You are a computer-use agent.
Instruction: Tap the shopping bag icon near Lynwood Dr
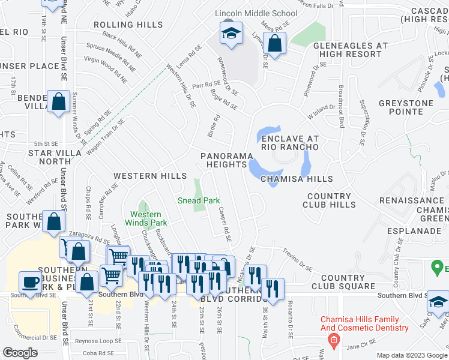click(274, 44)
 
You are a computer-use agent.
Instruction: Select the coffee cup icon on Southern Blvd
click(31, 281)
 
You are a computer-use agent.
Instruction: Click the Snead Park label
click(198, 200)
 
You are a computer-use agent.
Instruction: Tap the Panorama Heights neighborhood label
click(226, 160)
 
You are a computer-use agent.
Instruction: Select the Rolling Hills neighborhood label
click(128, 25)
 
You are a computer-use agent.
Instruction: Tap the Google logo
click(20, 353)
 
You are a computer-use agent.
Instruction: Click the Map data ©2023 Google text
click(412, 355)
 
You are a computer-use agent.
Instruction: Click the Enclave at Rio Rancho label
click(290, 143)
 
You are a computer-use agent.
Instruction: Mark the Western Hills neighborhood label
click(150, 176)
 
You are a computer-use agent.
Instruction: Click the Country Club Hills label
click(331, 200)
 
